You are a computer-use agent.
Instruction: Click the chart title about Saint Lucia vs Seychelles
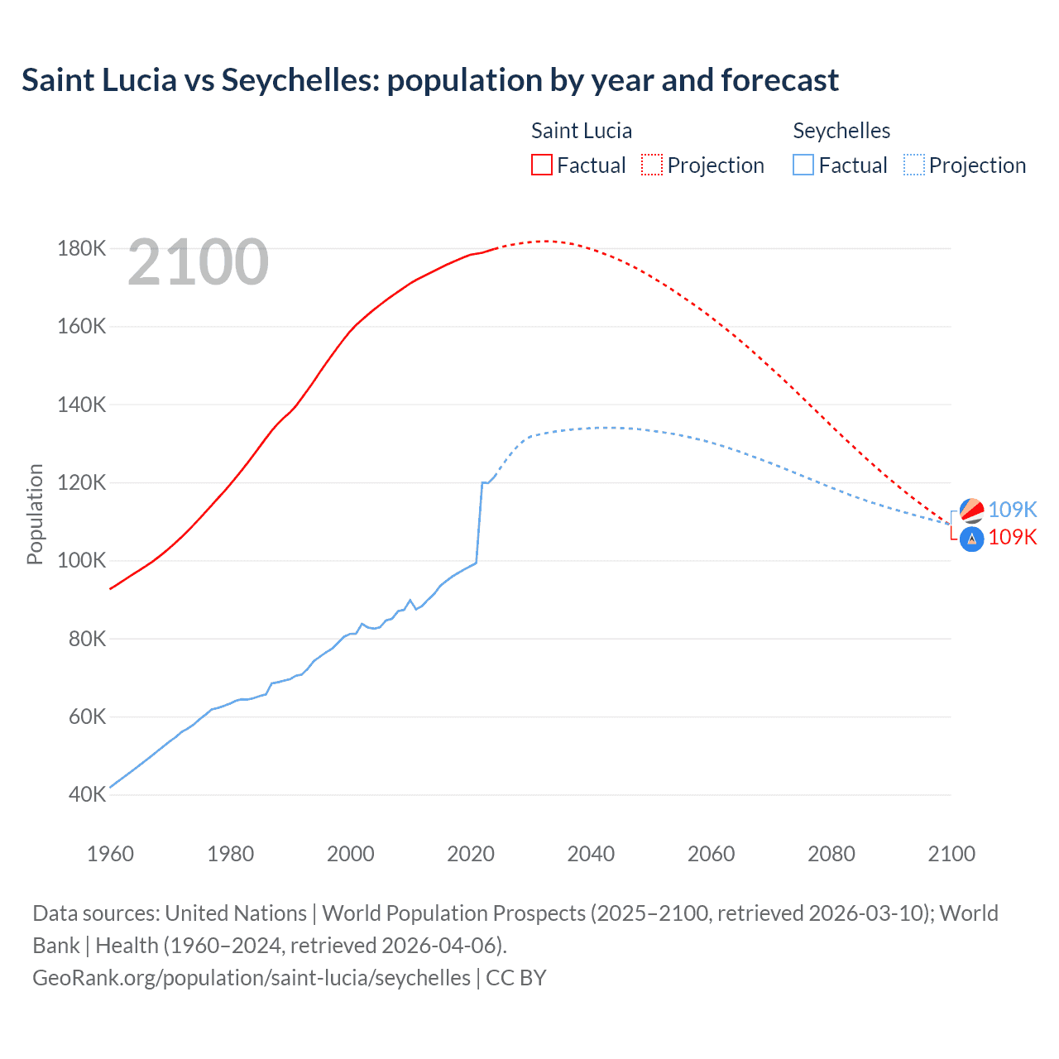point(430,80)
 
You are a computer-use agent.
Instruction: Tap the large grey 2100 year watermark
point(198,262)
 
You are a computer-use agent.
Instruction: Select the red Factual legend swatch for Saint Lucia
point(541,165)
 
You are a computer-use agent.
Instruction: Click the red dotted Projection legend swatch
point(652,165)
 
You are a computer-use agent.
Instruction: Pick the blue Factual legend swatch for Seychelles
point(803,165)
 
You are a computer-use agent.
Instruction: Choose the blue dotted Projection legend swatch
point(914,165)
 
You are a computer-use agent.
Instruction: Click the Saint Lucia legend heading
point(582,131)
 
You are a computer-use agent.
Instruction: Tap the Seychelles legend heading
point(841,131)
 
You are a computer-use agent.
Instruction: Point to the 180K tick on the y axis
point(82,248)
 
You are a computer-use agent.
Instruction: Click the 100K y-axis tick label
point(82,560)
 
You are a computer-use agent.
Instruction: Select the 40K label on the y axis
point(87,794)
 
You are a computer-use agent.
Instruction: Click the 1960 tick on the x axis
point(110,854)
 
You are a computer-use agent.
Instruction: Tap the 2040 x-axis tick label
point(591,854)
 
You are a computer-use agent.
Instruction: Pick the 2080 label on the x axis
point(831,854)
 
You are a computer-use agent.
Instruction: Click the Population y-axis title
point(35,514)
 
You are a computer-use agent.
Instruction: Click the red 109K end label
point(1013,537)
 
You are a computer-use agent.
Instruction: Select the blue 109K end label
point(1013,510)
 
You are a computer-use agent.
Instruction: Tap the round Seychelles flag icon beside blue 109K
point(971,510)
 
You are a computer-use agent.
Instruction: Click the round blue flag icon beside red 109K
point(971,539)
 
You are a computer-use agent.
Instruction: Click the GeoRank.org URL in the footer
point(252,977)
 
